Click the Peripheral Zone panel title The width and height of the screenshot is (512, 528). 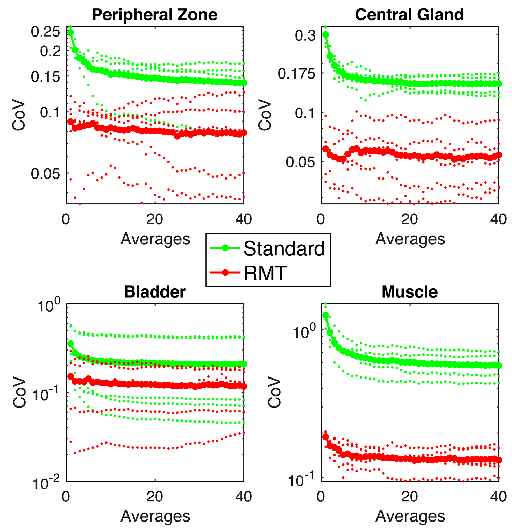[x=155, y=15]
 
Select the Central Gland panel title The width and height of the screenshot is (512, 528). [x=409, y=15]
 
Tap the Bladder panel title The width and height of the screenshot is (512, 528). [x=155, y=292]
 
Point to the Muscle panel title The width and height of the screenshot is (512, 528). [x=409, y=292]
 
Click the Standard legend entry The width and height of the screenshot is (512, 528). [x=284, y=248]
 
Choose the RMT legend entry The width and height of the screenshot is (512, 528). [x=265, y=273]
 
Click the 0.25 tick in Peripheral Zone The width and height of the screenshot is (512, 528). [x=45, y=32]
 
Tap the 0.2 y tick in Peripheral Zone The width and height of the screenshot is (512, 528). [x=50, y=52]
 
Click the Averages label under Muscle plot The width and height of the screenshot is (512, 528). [x=410, y=516]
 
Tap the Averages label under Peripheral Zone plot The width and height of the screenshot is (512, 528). [x=155, y=239]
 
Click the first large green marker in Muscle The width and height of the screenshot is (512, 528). [x=325, y=315]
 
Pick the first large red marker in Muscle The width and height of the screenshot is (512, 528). [x=325, y=437]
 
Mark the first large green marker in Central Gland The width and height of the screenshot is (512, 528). [x=325, y=35]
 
